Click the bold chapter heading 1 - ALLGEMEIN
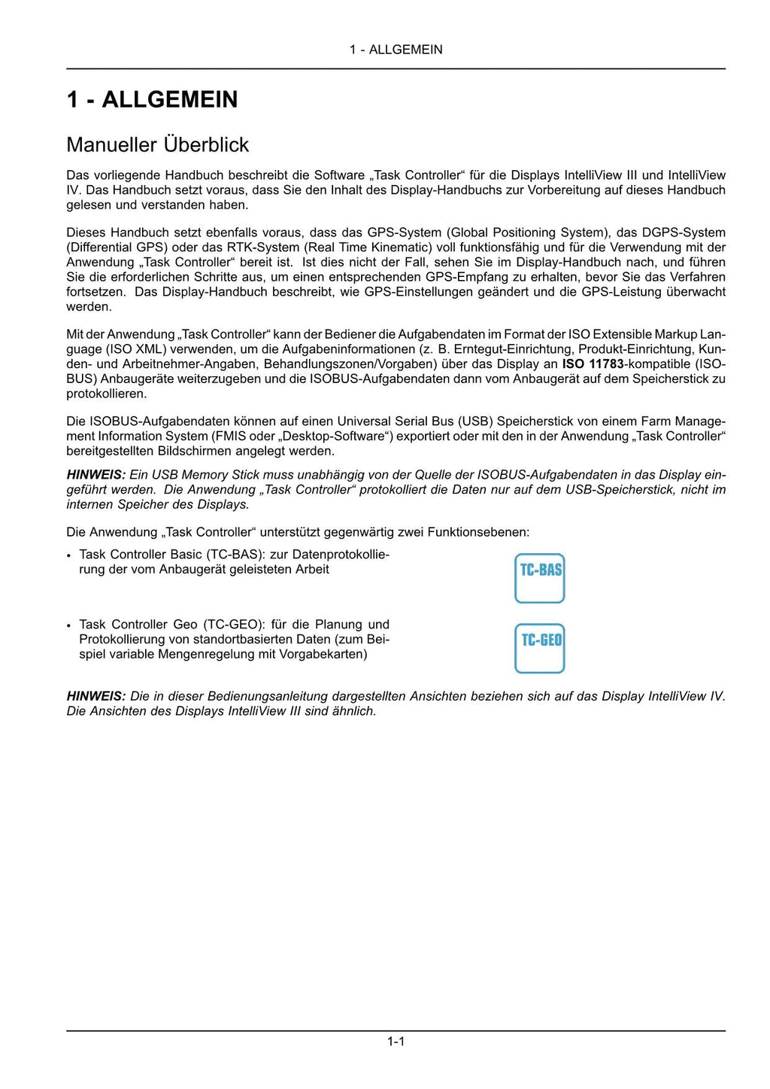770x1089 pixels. pyautogui.click(x=152, y=99)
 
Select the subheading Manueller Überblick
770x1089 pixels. pyautogui.click(x=157, y=144)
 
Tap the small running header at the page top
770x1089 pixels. pyautogui.click(x=396, y=50)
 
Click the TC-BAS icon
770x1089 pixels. pyautogui.click(x=539, y=578)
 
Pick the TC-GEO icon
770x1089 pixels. pyautogui.click(x=539, y=648)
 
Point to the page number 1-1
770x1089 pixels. pyautogui.click(x=396, y=1042)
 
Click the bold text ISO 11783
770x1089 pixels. pyautogui.click(x=593, y=364)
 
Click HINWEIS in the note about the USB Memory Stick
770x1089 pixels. pyautogui.click(x=95, y=475)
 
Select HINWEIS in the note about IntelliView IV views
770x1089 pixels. pyautogui.click(x=95, y=696)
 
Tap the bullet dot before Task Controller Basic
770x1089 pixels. pyautogui.click(x=69, y=555)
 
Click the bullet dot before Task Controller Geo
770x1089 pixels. pyautogui.click(x=69, y=625)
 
